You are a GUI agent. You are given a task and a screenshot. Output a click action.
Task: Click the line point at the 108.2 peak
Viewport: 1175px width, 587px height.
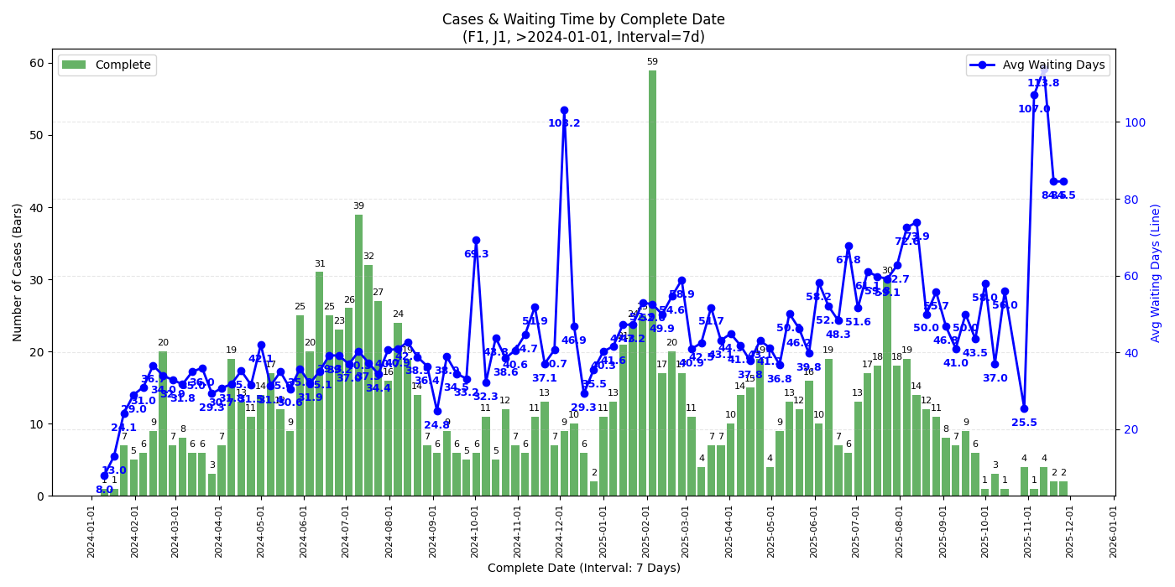(564, 110)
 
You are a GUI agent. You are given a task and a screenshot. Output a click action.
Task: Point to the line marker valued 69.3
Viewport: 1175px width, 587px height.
(476, 241)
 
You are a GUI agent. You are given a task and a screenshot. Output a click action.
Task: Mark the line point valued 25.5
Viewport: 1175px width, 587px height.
(1024, 408)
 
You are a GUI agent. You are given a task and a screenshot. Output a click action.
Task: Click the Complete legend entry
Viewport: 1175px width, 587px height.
(107, 65)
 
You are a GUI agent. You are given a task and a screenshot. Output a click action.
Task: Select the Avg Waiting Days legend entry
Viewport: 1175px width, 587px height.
(1039, 65)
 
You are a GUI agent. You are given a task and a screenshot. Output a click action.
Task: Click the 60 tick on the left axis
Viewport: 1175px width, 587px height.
(38, 63)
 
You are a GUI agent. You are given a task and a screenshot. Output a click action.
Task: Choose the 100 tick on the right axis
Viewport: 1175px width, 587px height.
(1135, 122)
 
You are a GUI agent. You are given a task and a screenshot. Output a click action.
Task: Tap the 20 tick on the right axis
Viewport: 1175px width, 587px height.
(1132, 429)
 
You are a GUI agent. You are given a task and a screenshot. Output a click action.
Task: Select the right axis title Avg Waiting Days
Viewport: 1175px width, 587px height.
(1156, 272)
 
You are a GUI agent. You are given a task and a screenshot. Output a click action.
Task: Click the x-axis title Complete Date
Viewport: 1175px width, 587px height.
(583, 569)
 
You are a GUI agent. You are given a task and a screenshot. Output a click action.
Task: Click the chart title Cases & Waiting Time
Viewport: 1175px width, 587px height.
(583, 19)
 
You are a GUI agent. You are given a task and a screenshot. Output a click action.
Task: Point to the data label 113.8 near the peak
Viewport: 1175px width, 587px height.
(1043, 83)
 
